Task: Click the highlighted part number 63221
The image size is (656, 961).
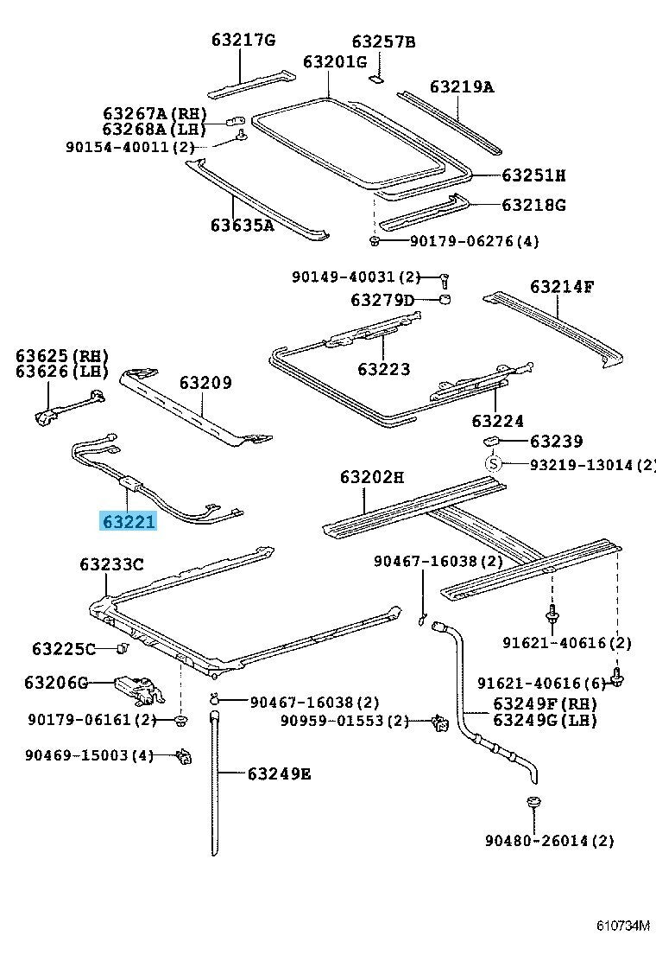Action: coord(129,522)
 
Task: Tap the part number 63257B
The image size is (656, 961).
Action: coord(383,41)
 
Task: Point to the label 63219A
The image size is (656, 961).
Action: coord(462,86)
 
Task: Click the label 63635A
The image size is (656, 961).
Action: coord(242,226)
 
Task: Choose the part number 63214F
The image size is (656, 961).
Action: coord(562,287)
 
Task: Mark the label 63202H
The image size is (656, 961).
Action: coord(371,477)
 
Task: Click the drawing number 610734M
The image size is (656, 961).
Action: coord(621,926)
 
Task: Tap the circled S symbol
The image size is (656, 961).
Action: coord(493,464)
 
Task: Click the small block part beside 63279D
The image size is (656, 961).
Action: coord(446,300)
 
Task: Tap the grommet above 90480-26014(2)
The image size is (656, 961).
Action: coord(533,804)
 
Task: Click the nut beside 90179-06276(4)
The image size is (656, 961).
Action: coord(375,240)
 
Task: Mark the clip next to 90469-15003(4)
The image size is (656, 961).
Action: coord(182,756)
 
